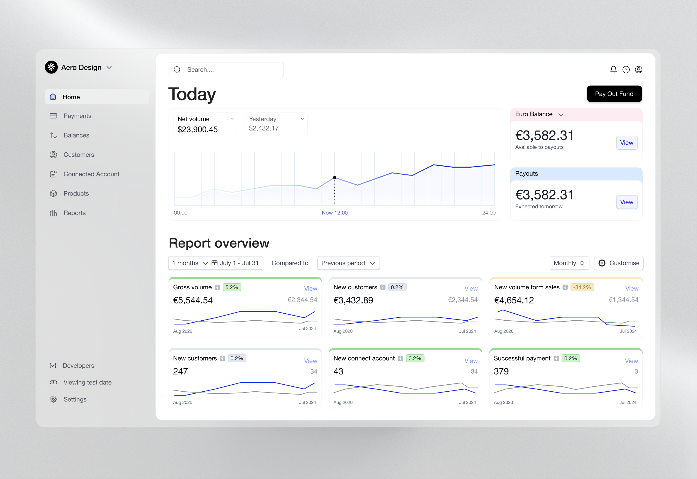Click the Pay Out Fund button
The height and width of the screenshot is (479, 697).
[x=614, y=94]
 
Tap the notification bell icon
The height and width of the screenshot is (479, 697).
[x=613, y=70]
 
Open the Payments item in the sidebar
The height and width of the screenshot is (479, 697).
[x=77, y=116]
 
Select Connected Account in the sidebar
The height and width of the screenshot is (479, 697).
[x=91, y=174]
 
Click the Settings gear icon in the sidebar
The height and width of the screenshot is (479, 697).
[x=54, y=399]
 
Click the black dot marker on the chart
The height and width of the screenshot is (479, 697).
[x=334, y=178]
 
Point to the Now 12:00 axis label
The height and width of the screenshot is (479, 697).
[x=334, y=213]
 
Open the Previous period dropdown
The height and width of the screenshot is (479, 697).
[x=348, y=263]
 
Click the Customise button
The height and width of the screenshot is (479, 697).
[x=618, y=263]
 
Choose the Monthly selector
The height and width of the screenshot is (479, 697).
[x=569, y=263]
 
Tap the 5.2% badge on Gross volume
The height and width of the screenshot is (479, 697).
[x=232, y=287]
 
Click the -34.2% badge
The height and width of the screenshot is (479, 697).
[x=582, y=287]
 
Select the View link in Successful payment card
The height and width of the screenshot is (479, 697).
[x=631, y=361]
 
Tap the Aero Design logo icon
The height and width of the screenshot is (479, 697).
[x=51, y=67]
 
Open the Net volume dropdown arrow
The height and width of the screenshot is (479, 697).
[x=232, y=119]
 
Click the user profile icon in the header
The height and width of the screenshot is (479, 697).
[x=638, y=70]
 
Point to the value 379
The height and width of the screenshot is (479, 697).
[x=501, y=371]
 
